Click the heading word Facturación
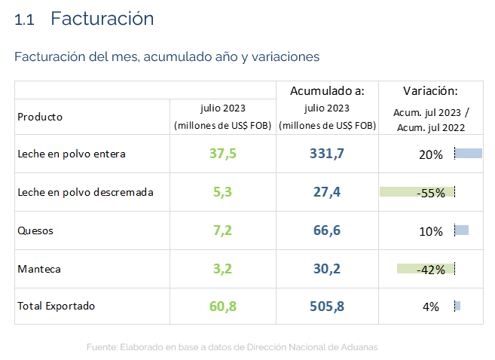pyautogui.click(x=102, y=19)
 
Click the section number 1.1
pyautogui.click(x=24, y=20)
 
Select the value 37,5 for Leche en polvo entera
pyautogui.click(x=222, y=154)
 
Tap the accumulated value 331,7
pyautogui.click(x=327, y=154)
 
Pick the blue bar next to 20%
pyautogui.click(x=469, y=154)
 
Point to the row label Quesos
pyautogui.click(x=35, y=231)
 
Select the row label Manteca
pyautogui.click(x=39, y=269)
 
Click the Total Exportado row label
pyautogui.click(x=57, y=307)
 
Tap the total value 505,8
pyautogui.click(x=327, y=307)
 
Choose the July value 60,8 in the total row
pyautogui.click(x=222, y=307)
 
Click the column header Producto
pyautogui.click(x=40, y=117)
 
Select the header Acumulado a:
pyautogui.click(x=327, y=91)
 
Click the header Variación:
pyautogui.click(x=430, y=91)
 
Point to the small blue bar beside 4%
pyautogui.click(x=457, y=306)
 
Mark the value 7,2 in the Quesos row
pyautogui.click(x=222, y=230)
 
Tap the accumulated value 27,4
pyautogui.click(x=327, y=192)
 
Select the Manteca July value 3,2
pyautogui.click(x=222, y=269)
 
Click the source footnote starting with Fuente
pyautogui.click(x=231, y=347)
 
